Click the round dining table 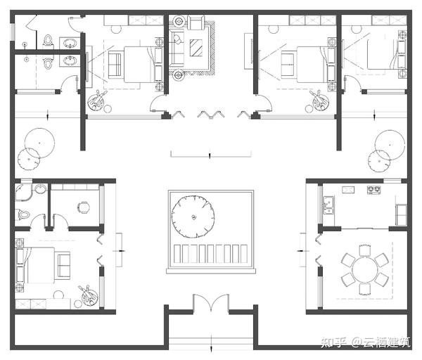pyautogui.click(x=365, y=269)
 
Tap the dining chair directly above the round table pyautogui.click(x=364, y=250)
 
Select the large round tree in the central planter pyautogui.click(x=193, y=217)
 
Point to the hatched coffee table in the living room pyautogui.click(x=196, y=48)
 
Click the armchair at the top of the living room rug pyautogui.click(x=196, y=22)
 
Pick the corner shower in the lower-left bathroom pyautogui.click(x=23, y=193)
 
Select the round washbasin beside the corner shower pyautogui.click(x=41, y=188)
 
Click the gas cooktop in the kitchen pyautogui.click(x=374, y=190)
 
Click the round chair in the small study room pyautogui.click(x=84, y=207)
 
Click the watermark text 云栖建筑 pyautogui.click(x=386, y=342)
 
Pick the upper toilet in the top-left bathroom pyautogui.click(x=48, y=40)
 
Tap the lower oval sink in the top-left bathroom pyautogui.click(x=70, y=60)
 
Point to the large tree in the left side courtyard pyautogui.click(x=39, y=143)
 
